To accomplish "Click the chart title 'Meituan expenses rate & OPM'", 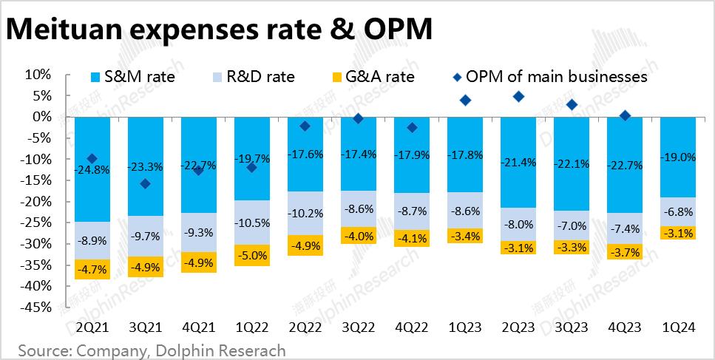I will coord(219,30).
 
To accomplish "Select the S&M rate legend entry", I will coord(134,77).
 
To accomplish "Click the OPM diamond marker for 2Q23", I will coord(518,97).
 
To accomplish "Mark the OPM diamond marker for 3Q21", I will coord(146,183).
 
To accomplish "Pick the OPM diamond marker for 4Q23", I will coord(625,115).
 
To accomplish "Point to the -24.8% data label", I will coord(92,169).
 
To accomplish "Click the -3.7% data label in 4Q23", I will coord(625,252).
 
